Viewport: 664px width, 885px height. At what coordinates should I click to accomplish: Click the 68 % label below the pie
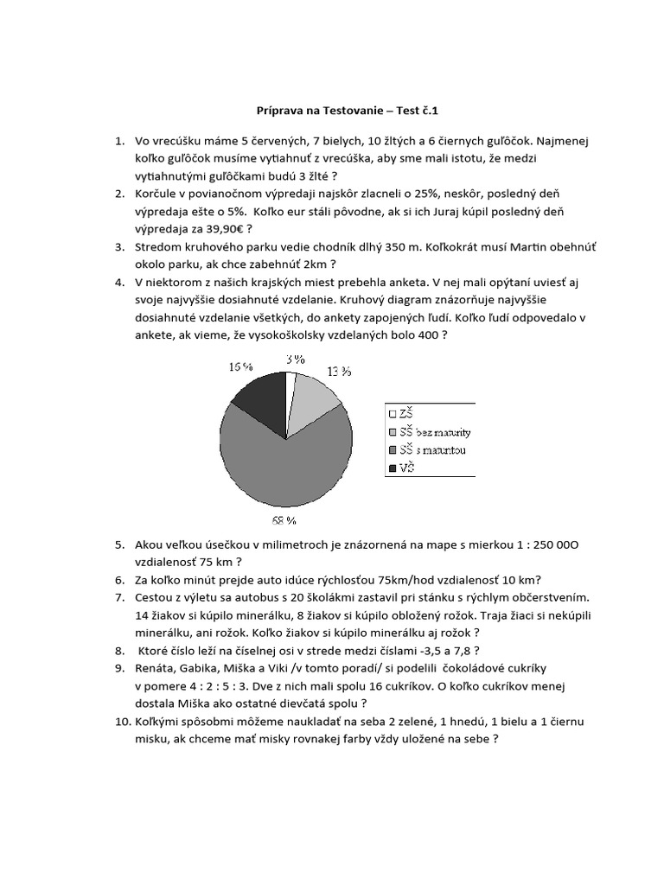(x=284, y=521)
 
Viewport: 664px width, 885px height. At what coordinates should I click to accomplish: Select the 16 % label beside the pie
(x=240, y=366)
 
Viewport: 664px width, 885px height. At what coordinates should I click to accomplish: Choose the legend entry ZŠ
(x=405, y=414)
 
